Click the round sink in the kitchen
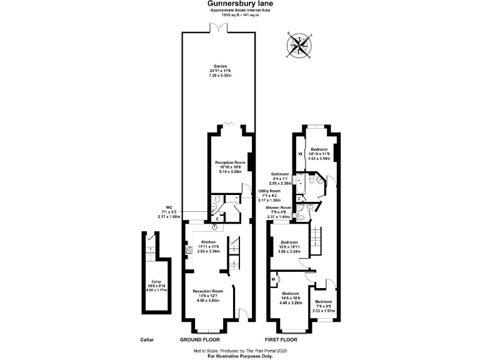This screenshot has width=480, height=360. (197, 228)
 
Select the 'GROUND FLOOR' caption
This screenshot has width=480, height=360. (199, 340)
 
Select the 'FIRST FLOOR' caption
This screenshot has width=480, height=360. (279, 340)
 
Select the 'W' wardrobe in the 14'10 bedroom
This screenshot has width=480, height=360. (299, 153)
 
